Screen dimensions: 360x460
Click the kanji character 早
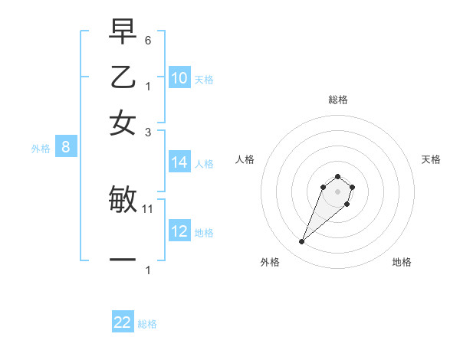pyautogui.click(x=123, y=31)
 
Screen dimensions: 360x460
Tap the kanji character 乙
pyautogui.click(x=123, y=77)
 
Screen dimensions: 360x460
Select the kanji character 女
pyautogui.click(x=123, y=123)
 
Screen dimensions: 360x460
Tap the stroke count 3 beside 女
pyautogui.click(x=149, y=132)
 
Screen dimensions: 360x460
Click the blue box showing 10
pyautogui.click(x=179, y=78)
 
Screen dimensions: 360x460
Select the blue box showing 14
pyautogui.click(x=179, y=162)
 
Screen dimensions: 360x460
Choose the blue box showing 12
pyautogui.click(x=179, y=231)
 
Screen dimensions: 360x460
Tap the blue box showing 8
pyautogui.click(x=65, y=148)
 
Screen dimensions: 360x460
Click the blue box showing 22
pyautogui.click(x=123, y=322)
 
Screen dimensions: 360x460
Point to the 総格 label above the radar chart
pyautogui.click(x=337, y=100)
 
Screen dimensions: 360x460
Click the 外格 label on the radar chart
pyautogui.click(x=270, y=262)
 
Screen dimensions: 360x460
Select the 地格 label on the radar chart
pyautogui.click(x=402, y=262)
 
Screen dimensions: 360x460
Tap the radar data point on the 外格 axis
pyautogui.click(x=302, y=242)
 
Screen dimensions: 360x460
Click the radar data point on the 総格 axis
pyautogui.click(x=337, y=176)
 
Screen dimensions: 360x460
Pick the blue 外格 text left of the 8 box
pyautogui.click(x=41, y=149)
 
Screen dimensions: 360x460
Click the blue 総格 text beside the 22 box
pyautogui.click(x=147, y=324)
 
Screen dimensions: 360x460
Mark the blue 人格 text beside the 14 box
pyautogui.click(x=204, y=163)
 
